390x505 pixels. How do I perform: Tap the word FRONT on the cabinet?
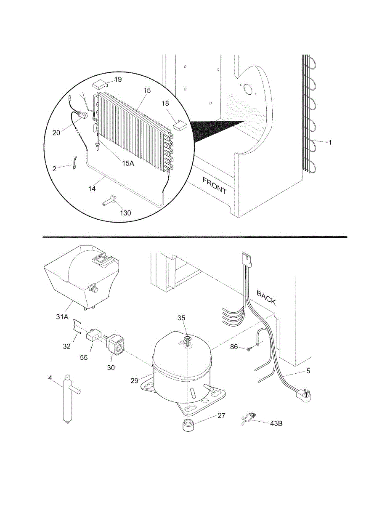click(x=215, y=185)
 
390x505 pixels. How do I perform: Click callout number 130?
click(x=125, y=213)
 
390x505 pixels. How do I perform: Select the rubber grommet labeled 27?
click(x=188, y=425)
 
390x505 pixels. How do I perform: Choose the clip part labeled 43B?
click(x=249, y=419)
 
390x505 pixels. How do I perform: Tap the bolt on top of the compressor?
click(x=188, y=339)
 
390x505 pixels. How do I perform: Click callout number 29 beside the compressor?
click(x=134, y=380)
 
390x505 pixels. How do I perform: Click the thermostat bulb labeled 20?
click(x=83, y=114)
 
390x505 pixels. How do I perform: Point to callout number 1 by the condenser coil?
click(x=330, y=143)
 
